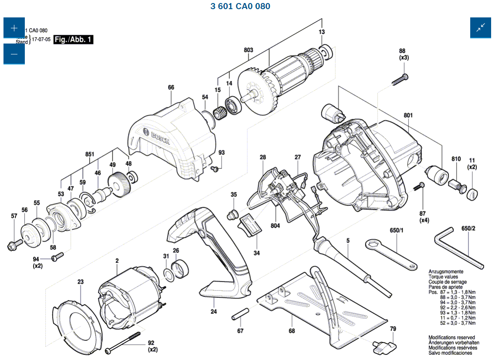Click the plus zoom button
click(14, 28)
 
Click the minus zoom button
click(14, 54)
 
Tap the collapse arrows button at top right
click(480, 28)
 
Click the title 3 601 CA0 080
click(240, 6)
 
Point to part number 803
click(248, 50)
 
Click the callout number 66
click(171, 87)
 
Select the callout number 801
click(408, 115)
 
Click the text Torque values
click(443, 276)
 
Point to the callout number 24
click(214, 311)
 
